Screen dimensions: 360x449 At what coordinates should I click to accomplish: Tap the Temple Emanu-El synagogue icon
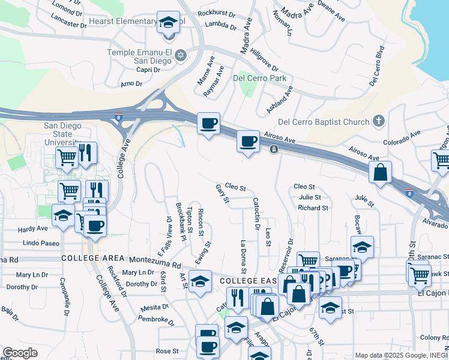coord(179,56)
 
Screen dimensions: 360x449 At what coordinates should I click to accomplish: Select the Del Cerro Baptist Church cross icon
coord(378,122)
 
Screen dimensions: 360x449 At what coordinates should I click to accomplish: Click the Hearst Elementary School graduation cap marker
coord(169,22)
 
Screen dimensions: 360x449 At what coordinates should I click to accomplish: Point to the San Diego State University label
coord(65,134)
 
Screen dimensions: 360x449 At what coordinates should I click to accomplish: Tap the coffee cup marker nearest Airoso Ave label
coord(248,142)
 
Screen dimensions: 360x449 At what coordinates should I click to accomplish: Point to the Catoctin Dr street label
coord(256,214)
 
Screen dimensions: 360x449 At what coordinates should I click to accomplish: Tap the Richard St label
coord(313,208)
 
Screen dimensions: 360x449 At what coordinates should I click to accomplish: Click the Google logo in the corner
coord(20,353)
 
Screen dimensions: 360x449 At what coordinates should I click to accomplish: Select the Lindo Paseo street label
coord(41,243)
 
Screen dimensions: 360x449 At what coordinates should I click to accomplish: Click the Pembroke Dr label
coord(155,320)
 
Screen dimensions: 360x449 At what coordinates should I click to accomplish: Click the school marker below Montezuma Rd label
coord(200,280)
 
